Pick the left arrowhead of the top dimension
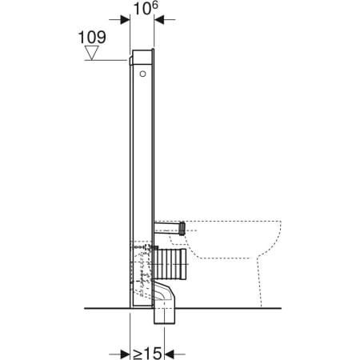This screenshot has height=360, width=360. point(126,21)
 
